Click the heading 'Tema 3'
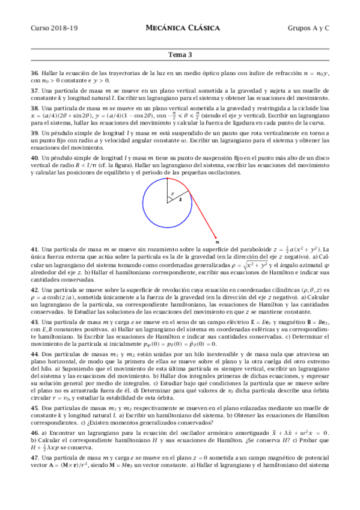[180, 55]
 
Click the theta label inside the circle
[171, 194]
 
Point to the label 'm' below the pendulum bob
[216, 243]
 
